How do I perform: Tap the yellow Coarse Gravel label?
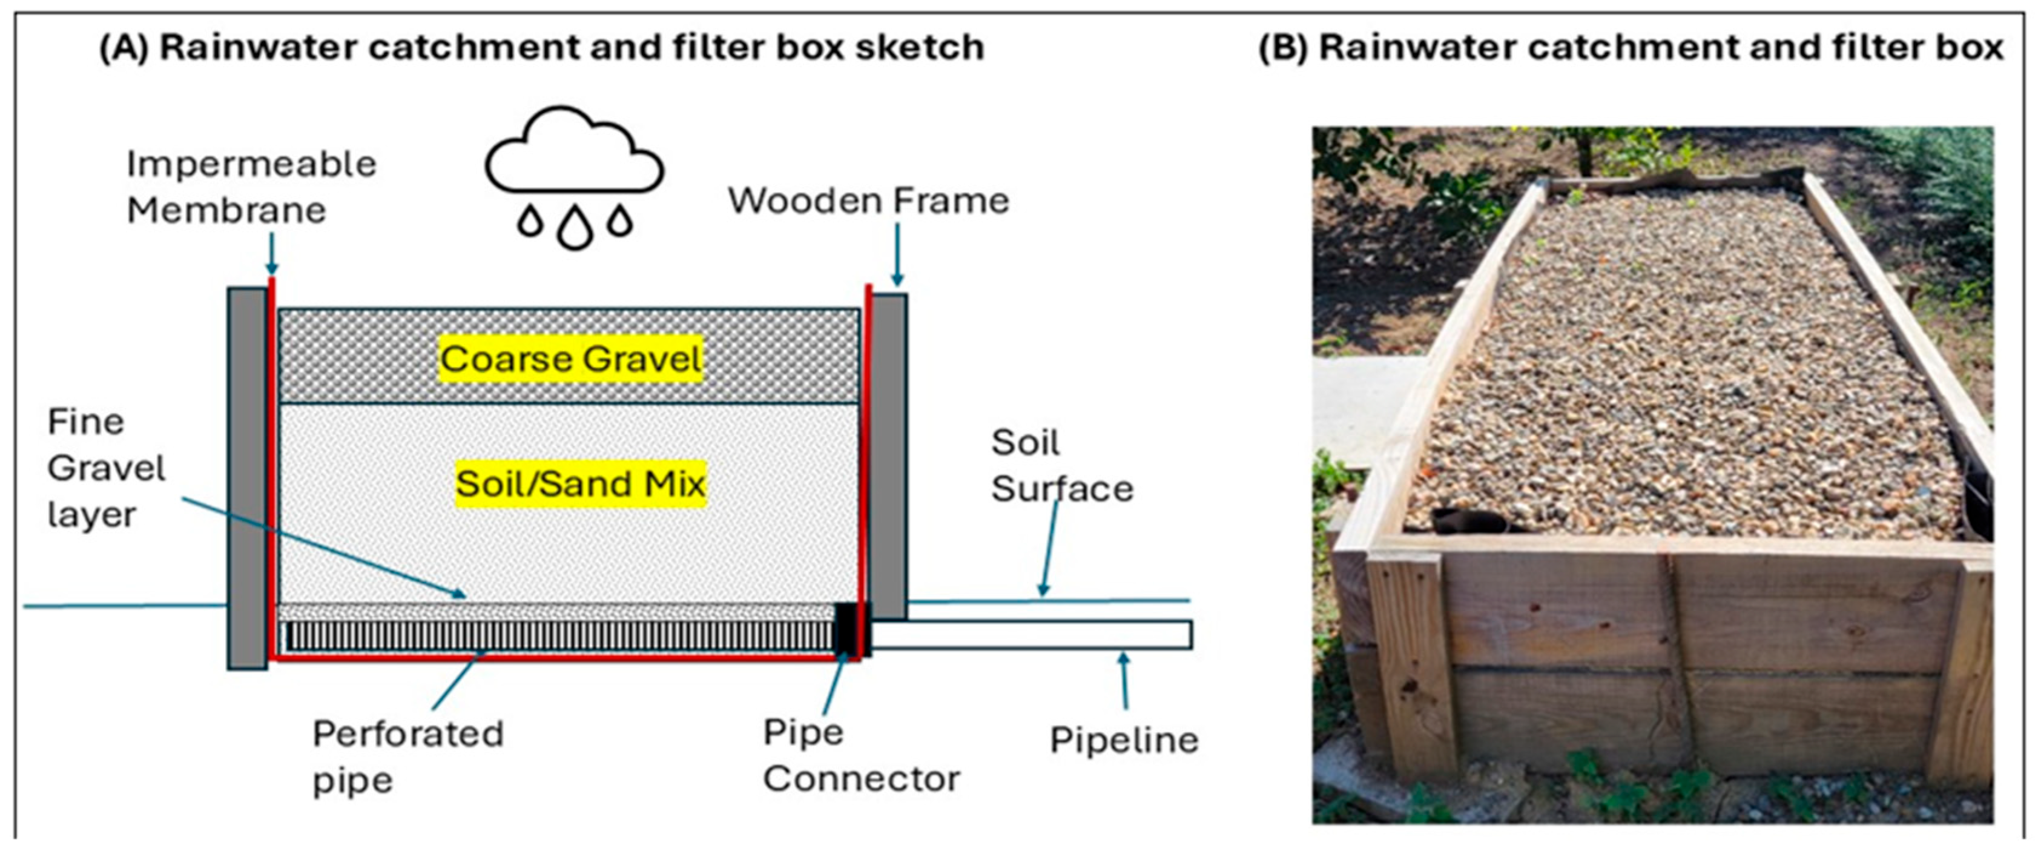(571, 359)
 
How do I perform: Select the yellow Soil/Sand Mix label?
(580, 483)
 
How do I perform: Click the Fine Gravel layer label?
(107, 468)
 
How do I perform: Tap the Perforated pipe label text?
(408, 756)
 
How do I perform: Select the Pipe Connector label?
(862, 755)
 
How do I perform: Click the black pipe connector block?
(852, 629)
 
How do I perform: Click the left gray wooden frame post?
(248, 478)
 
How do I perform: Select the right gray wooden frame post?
(888, 456)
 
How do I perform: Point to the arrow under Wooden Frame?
(897, 254)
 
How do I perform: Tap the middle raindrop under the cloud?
(575, 227)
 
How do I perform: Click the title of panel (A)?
(541, 47)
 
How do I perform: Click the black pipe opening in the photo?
(1468, 521)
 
